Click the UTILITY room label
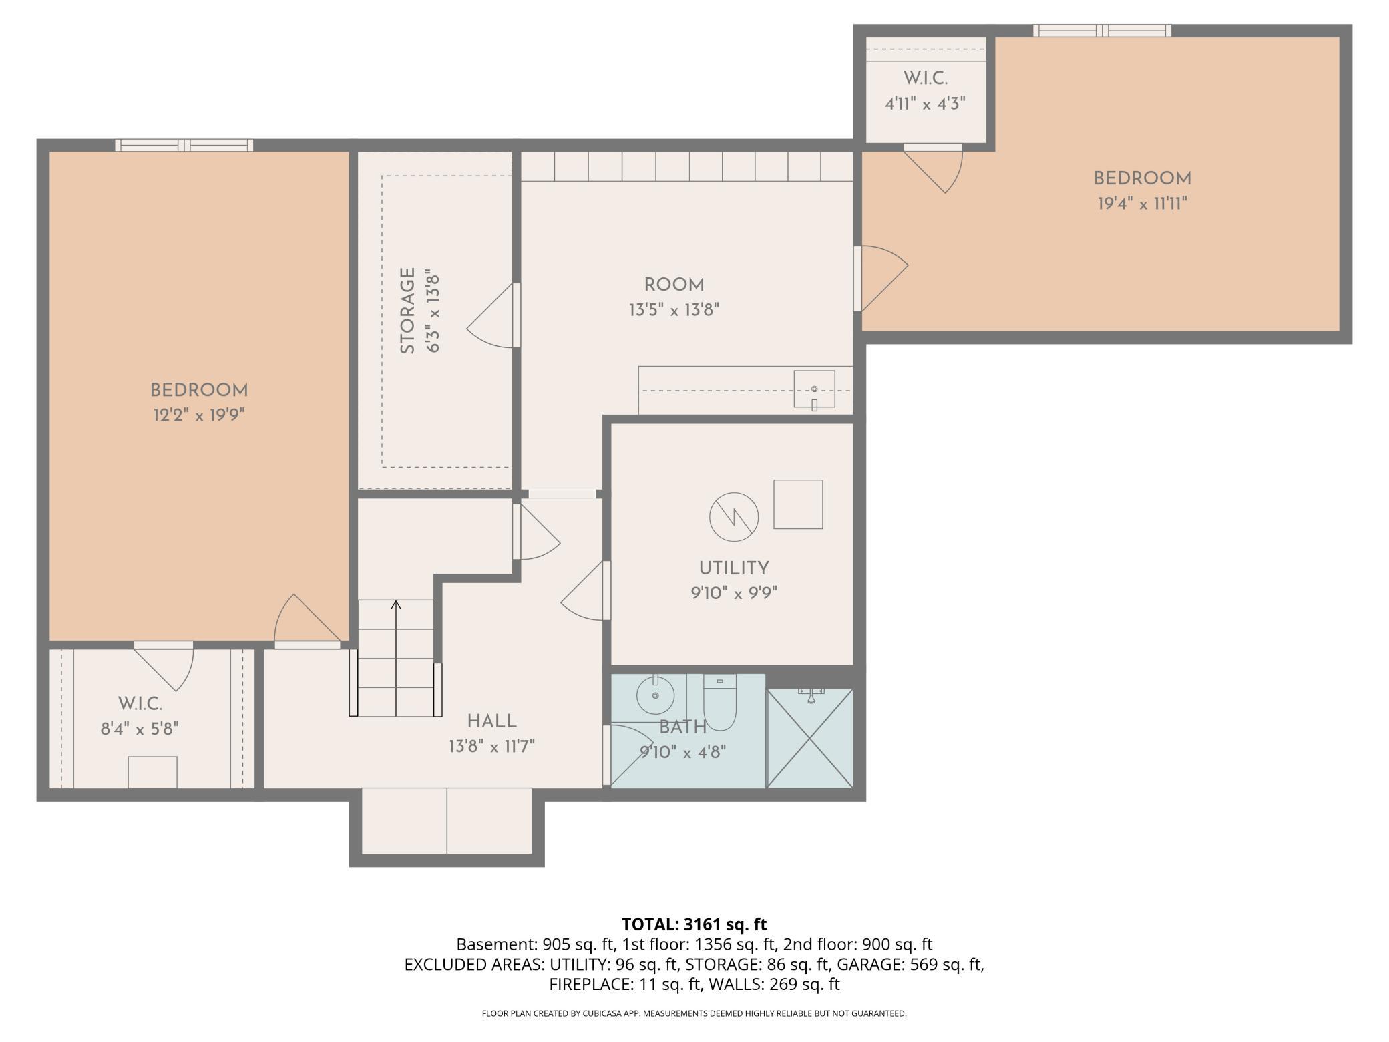pos(734,568)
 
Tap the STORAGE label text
pos(407,311)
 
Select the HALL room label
pos(492,721)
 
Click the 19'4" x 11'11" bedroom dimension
pos(1143,203)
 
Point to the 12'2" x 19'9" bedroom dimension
pos(199,415)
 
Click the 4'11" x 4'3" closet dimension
pos(926,104)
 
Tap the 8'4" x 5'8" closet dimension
pos(140,729)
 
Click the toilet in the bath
pos(719,703)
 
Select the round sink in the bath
pos(656,695)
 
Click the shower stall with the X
pos(810,738)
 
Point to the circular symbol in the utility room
pos(734,517)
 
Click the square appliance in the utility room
pos(798,504)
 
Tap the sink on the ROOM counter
pos(814,389)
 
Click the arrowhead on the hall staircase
pos(396,604)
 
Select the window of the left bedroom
pos(184,145)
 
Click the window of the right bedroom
pos(1102,31)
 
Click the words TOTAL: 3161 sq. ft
pos(694,924)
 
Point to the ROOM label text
pos(674,285)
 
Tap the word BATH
pos(682,727)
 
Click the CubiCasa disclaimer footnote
pos(694,1013)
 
